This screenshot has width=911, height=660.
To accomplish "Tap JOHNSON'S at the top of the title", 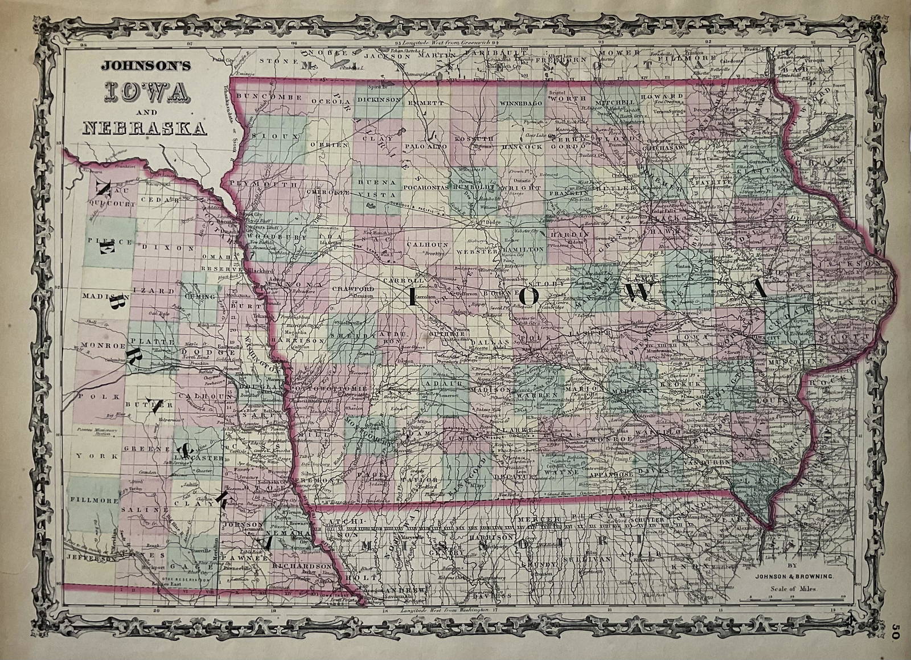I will (146, 66).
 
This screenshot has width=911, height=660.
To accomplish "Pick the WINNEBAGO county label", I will (520, 104).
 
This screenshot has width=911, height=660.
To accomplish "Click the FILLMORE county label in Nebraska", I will (93, 501).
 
